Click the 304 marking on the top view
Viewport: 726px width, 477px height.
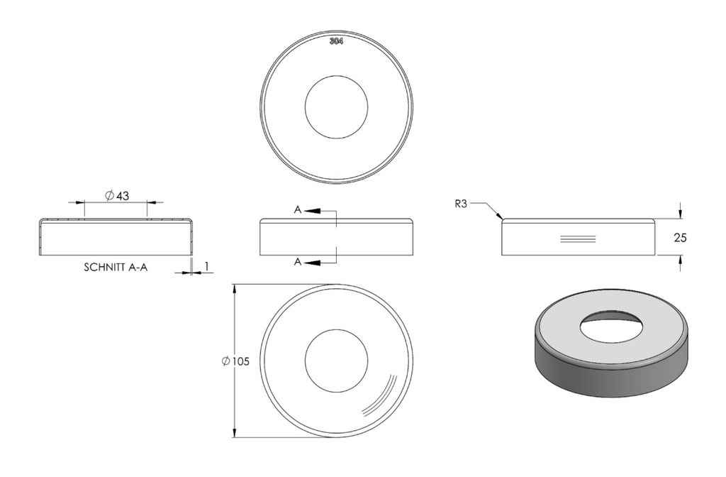click(x=336, y=41)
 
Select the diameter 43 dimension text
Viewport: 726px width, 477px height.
click(x=117, y=196)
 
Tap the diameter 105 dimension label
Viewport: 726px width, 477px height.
click(x=235, y=361)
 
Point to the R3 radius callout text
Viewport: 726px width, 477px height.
click(x=461, y=204)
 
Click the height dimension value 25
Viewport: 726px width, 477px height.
click(x=680, y=238)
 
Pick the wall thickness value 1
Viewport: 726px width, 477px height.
click(x=207, y=266)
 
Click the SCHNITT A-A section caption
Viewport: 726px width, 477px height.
click(x=116, y=268)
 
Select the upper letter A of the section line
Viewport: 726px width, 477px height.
click(x=298, y=210)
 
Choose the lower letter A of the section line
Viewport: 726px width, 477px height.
click(x=298, y=263)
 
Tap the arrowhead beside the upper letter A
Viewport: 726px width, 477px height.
click(x=312, y=211)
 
